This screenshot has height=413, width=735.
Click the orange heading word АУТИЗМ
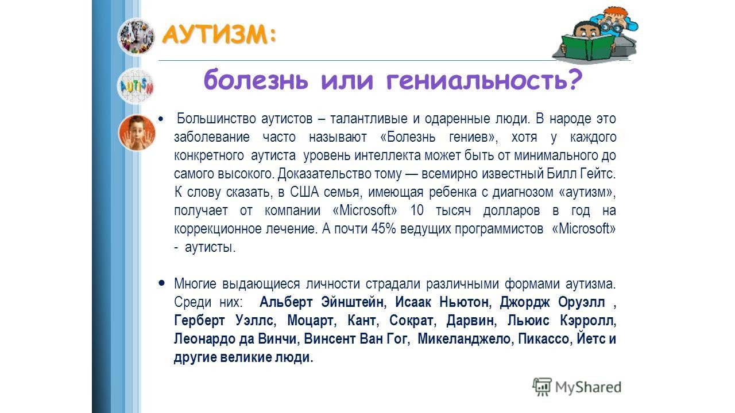pos(215,35)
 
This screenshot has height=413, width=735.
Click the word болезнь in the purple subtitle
pos(256,80)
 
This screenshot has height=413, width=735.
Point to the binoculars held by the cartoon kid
pos(610,24)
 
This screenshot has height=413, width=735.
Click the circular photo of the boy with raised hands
pos(137,133)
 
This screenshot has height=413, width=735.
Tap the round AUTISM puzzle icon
pos(136,86)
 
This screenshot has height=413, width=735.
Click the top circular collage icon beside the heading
pos(136,37)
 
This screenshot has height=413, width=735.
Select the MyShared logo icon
pos(541,387)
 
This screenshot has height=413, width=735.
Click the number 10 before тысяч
pos(417,210)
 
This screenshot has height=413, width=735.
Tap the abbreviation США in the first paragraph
pos(304,192)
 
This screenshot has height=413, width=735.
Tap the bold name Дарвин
pos(471,320)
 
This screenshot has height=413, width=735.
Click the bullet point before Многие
pos(161,283)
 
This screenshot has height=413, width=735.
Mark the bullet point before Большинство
pos(160,119)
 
